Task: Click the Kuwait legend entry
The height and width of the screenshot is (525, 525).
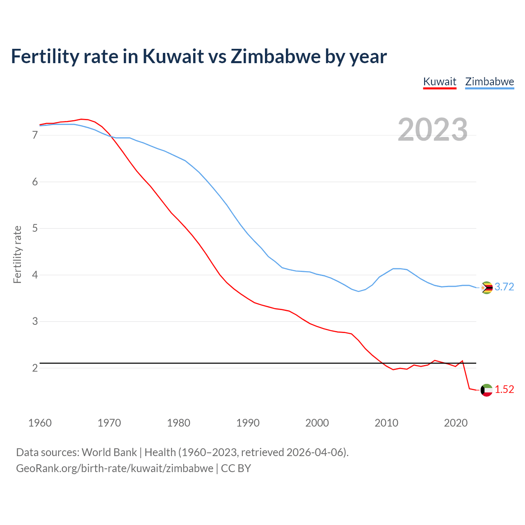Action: pos(440,82)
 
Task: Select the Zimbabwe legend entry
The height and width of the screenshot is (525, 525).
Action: pos(489,82)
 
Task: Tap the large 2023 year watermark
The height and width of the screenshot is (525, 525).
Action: pos(433,130)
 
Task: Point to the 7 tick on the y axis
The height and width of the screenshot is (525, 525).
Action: pos(35,135)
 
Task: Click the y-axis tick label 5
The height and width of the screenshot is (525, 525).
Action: pos(35,228)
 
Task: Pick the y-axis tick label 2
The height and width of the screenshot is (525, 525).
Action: pos(35,368)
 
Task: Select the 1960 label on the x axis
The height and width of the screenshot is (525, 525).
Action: pos(40,423)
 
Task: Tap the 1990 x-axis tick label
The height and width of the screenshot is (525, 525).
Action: pos(248,423)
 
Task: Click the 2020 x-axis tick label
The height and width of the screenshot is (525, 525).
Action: pos(456,423)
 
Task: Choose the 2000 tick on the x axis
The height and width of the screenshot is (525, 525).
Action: pos(317,423)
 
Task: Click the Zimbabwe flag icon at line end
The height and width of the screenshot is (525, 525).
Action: pos(486,288)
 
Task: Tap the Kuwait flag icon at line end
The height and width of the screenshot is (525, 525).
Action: pos(486,390)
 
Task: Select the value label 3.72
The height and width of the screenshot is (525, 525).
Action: pos(504,287)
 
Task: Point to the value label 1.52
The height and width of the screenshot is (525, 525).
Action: pos(504,390)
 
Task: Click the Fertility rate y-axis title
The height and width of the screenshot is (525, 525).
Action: pos(17,254)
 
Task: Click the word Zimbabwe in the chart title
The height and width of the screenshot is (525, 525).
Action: pos(276,56)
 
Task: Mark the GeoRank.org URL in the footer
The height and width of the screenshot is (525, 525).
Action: pos(114,468)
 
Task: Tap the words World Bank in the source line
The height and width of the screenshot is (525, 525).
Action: pos(109,452)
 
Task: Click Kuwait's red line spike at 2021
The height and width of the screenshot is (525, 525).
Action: pos(463,361)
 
